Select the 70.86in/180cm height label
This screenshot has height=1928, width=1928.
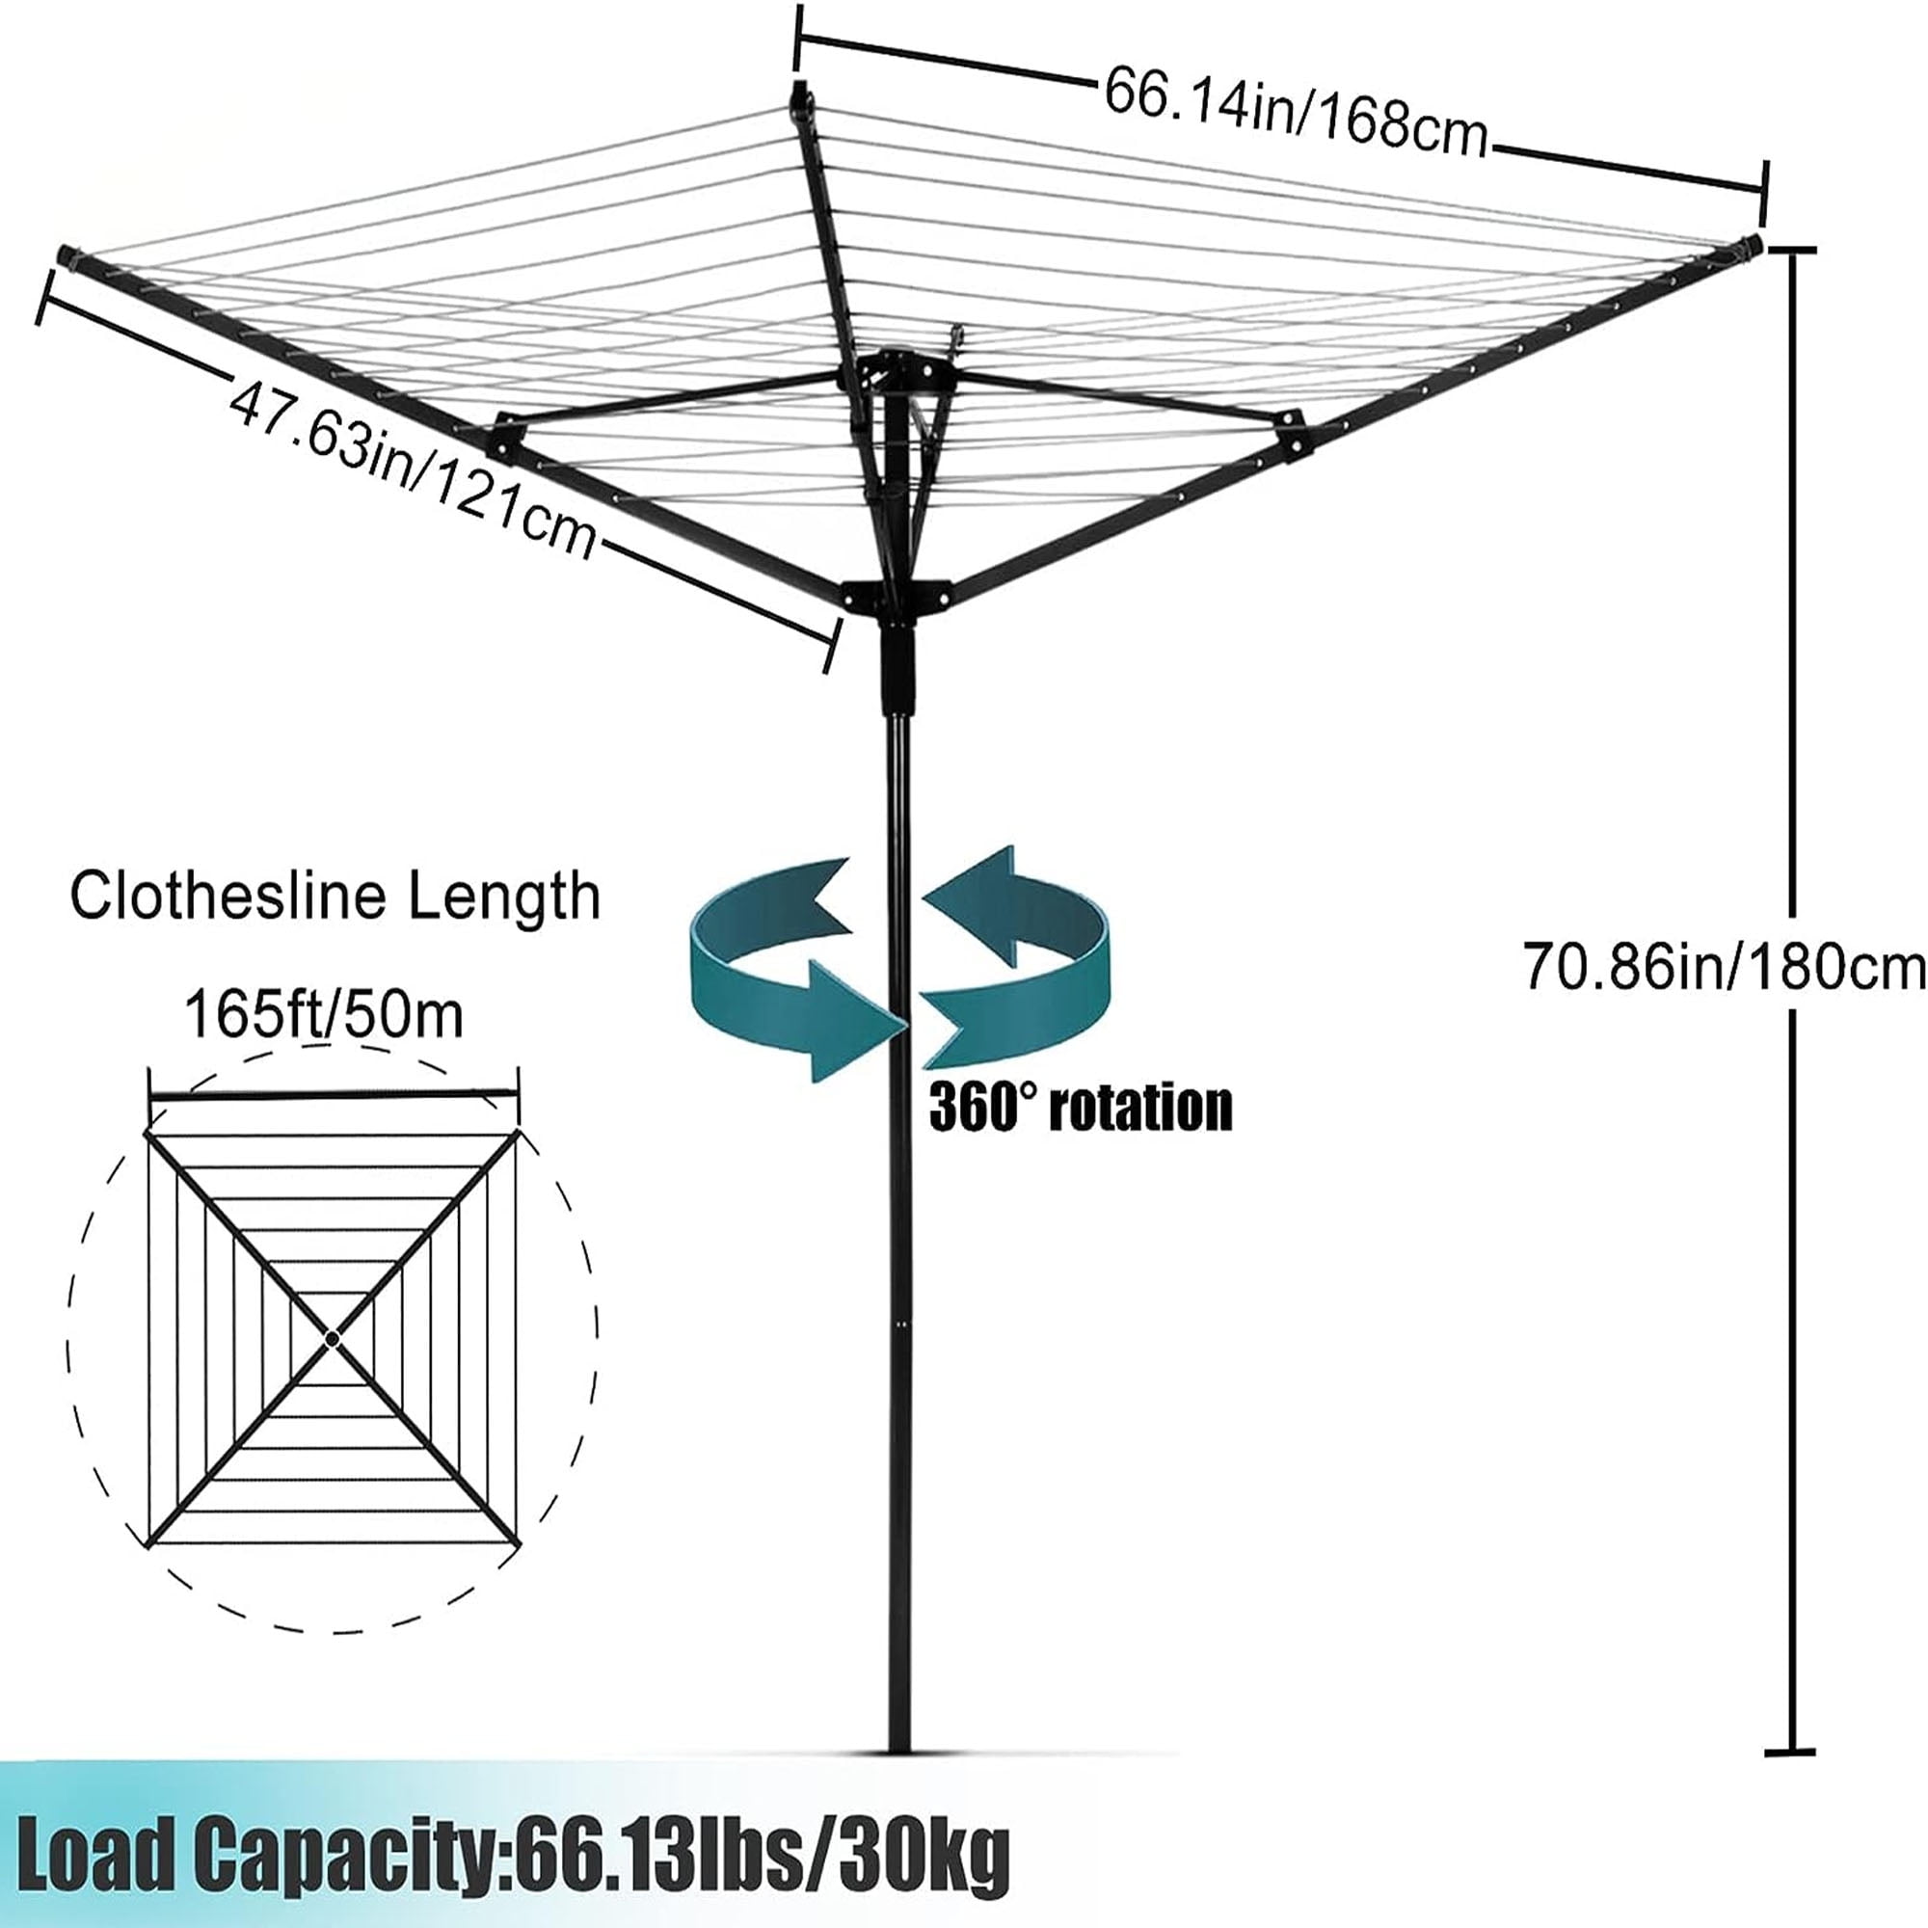coord(1724,966)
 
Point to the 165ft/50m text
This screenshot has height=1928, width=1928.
coord(324,1015)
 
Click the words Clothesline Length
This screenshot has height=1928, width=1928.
coord(335,896)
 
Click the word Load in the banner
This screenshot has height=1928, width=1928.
coord(94,1853)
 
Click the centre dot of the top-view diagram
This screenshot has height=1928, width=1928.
coord(333,1338)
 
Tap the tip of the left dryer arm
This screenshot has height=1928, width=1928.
coord(67,254)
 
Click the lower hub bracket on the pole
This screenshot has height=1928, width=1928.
coord(897,597)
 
